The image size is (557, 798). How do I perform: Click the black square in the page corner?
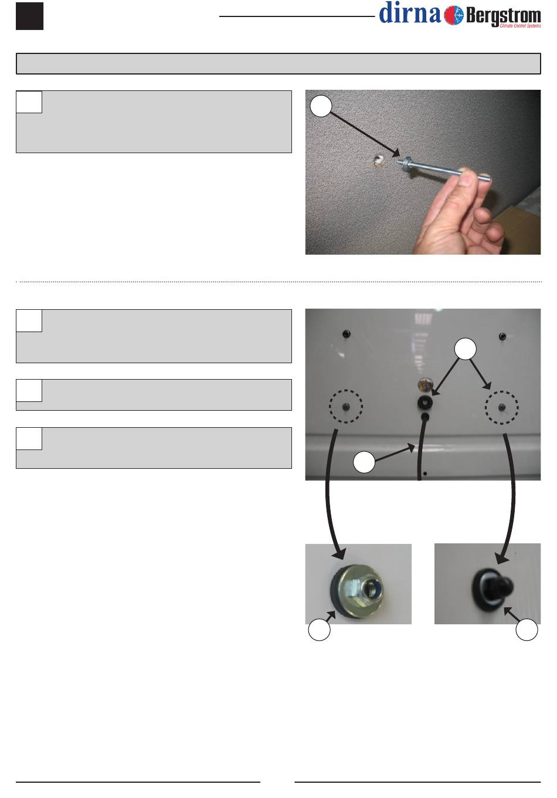[29, 16]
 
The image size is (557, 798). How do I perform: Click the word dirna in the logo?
[410, 13]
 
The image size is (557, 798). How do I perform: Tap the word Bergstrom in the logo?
[503, 16]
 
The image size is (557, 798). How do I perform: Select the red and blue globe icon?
[454, 15]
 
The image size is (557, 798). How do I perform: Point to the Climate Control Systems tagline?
[520, 26]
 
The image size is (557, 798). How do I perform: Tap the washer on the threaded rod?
[406, 162]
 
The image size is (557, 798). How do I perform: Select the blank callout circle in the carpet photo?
[321, 106]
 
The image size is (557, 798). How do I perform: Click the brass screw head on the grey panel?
[424, 385]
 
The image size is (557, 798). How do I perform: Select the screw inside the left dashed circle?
[345, 407]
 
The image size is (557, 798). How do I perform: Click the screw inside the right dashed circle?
[501, 407]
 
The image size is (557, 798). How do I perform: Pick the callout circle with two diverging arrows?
[465, 349]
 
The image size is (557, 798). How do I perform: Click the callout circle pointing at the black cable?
[364, 462]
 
